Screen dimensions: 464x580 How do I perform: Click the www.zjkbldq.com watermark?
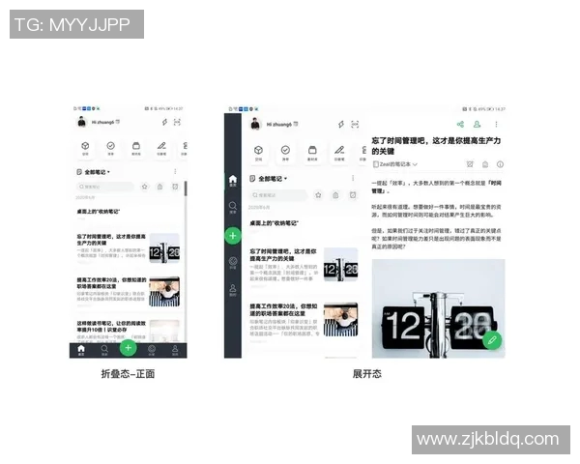coord(488,440)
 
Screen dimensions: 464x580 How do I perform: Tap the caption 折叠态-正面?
coord(128,374)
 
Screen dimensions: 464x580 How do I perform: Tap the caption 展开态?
coord(366,374)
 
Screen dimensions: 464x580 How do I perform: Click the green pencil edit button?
coord(492,340)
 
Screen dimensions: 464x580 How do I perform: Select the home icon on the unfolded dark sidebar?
coord(232,180)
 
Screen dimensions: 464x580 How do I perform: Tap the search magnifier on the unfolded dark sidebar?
coord(232,207)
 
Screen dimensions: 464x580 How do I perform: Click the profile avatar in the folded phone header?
coord(82,122)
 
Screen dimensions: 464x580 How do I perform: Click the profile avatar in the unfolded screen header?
coord(254,125)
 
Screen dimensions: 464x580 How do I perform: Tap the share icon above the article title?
coord(460,125)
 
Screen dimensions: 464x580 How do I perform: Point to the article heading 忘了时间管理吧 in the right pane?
coord(435,146)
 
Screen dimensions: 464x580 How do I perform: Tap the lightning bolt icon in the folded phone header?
coord(164,122)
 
